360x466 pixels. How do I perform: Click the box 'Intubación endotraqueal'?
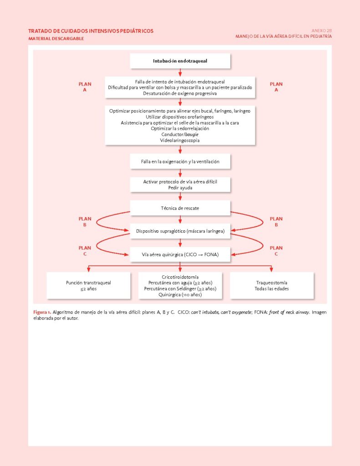[180, 61]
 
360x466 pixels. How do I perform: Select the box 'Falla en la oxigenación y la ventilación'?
[180, 162]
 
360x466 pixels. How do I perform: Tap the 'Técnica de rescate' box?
[180, 208]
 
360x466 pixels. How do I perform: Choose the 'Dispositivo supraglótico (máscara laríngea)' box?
[180, 231]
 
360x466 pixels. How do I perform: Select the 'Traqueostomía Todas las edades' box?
[271, 285]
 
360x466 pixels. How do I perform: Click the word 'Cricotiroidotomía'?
[180, 277]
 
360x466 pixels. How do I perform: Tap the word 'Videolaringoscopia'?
[180, 141]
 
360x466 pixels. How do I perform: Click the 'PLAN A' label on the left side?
[85, 87]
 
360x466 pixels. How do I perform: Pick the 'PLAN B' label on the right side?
[276, 222]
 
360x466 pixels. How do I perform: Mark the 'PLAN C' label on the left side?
[85, 251]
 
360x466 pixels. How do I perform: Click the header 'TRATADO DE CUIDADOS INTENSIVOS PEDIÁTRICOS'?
[91, 31]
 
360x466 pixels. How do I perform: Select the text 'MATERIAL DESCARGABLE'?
[56, 39]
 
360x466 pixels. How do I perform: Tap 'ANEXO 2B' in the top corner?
[321, 30]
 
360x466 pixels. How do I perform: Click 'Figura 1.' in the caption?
[42, 312]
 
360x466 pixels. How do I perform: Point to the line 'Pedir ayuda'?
[180, 187]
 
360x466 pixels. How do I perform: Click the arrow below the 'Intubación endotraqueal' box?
[180, 72]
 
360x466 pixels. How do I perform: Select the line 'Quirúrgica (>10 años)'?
[180, 295]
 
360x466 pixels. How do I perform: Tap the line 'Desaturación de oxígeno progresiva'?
[180, 93]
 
